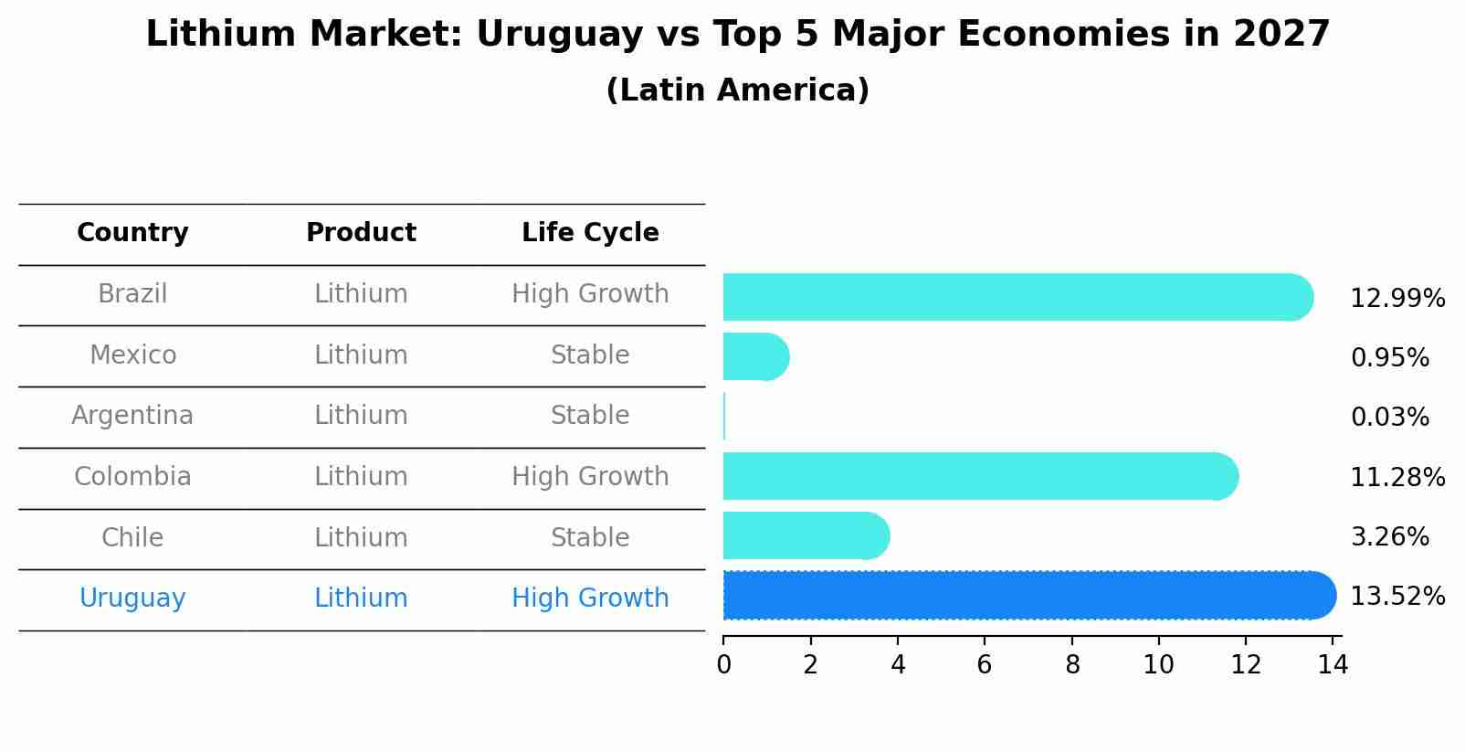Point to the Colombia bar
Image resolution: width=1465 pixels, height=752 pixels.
point(977,476)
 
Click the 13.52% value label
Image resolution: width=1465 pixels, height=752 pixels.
point(1396,597)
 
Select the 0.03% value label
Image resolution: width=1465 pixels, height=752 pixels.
point(1389,418)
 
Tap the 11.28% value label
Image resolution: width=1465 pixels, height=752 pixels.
point(1396,477)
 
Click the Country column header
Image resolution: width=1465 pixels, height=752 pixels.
point(132,233)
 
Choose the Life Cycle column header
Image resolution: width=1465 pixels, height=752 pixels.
point(590,233)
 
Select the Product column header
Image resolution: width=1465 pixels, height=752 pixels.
point(361,233)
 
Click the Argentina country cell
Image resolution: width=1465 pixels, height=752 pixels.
point(132,416)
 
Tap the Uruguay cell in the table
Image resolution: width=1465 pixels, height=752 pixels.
point(132,598)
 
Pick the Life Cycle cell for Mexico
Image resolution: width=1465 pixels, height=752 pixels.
point(590,355)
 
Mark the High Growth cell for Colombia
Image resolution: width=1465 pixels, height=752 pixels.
point(590,477)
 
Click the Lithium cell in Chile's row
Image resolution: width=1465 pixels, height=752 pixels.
point(361,537)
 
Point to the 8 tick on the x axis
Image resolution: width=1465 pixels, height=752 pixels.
point(1072,664)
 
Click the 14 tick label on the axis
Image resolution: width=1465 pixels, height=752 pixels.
point(1333,664)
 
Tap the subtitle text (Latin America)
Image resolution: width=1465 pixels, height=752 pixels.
point(737,90)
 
